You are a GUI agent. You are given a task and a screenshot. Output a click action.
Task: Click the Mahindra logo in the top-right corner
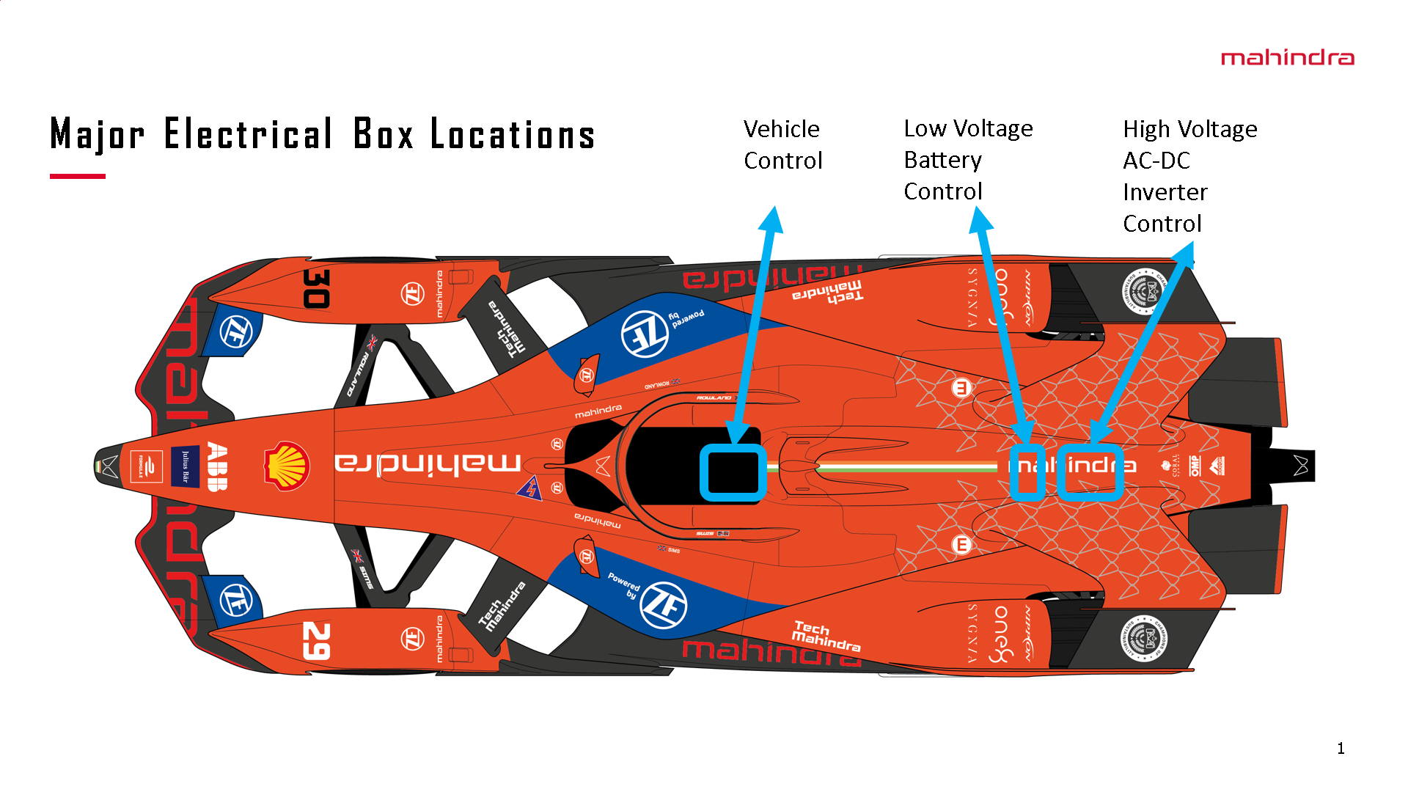[1287, 58]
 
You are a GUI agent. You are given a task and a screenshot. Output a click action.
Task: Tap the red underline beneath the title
[77, 176]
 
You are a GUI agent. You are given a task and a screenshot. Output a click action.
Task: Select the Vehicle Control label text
[782, 144]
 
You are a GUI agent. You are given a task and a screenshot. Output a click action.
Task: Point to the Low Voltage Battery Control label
[967, 160]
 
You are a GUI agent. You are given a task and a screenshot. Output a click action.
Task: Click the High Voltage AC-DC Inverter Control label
[1189, 176]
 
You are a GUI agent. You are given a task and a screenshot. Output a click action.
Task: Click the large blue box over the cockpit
[733, 472]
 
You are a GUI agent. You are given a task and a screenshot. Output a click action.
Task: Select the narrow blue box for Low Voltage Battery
[1027, 472]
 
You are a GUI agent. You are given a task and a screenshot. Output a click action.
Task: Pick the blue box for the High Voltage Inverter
[1090, 472]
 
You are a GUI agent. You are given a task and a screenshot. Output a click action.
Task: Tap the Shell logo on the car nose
[287, 466]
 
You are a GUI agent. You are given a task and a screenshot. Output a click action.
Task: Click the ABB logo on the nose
[217, 466]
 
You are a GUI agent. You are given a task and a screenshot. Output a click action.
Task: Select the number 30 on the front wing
[316, 288]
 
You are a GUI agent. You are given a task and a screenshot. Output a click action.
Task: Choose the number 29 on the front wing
[316, 641]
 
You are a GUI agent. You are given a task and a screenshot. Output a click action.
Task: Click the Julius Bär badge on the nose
[185, 466]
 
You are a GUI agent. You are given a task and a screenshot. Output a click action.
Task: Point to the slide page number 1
[1341, 748]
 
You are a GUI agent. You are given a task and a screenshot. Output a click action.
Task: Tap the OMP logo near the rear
[1195, 466]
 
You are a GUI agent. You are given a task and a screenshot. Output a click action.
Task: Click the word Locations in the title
[512, 134]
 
